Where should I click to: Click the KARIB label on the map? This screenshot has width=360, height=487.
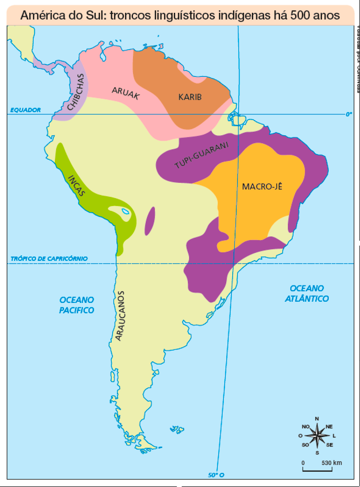190,97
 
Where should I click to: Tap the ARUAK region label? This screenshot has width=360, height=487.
125,93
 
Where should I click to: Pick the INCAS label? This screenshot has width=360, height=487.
77,186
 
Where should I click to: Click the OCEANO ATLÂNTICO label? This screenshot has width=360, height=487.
307,293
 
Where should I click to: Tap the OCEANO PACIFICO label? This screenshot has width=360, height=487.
76,305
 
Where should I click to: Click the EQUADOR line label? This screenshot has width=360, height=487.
26,109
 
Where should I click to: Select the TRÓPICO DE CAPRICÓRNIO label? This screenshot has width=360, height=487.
49,259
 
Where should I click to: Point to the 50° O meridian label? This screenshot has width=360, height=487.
216,475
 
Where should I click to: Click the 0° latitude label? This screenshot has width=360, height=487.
349,114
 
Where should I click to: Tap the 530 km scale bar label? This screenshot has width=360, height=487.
332,463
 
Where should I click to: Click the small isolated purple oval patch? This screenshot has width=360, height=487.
150,221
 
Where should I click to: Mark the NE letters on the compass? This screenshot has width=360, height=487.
330,427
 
